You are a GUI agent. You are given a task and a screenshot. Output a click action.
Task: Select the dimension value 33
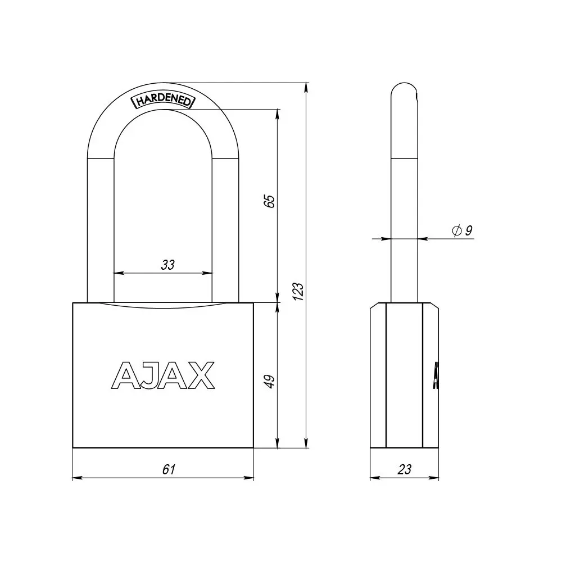[167, 265]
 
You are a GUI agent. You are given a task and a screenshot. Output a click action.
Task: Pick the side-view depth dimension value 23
[404, 469]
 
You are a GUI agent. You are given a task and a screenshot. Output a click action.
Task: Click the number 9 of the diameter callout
[469, 230]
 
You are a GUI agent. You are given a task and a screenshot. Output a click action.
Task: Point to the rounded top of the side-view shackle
[404, 90]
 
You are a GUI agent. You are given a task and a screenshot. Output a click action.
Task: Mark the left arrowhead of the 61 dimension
[77, 478]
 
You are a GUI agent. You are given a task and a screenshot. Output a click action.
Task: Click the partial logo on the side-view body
[436, 375]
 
